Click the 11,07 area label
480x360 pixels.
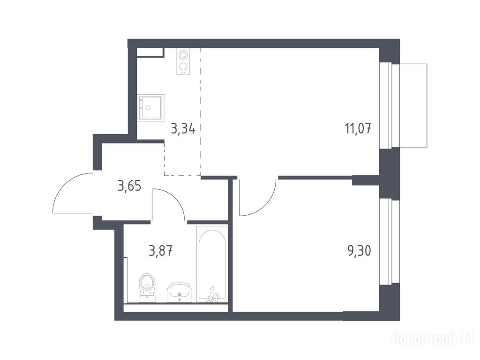(x=358, y=128)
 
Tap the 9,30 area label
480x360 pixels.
(x=359, y=251)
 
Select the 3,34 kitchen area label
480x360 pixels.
(x=183, y=128)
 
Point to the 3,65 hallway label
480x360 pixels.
(x=129, y=186)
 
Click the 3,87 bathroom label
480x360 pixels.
(x=161, y=251)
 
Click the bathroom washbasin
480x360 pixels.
(x=180, y=292)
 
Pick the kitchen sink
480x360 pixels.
(x=150, y=107)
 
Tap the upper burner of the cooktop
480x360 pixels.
(x=183, y=55)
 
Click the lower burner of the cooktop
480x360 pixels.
(x=183, y=66)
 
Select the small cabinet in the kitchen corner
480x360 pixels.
(x=150, y=52)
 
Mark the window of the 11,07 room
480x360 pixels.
(x=386, y=105)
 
